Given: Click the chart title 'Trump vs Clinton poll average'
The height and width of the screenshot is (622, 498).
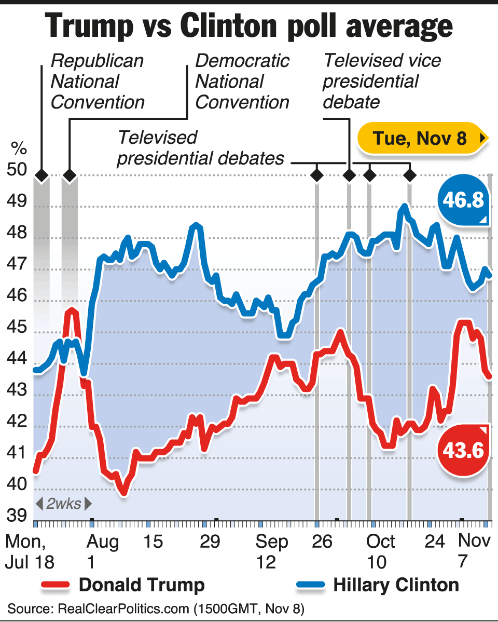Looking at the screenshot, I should (249, 26).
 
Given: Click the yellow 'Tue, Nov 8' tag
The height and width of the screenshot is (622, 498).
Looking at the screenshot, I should (421, 139).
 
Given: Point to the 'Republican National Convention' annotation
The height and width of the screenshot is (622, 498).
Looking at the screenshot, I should (98, 82).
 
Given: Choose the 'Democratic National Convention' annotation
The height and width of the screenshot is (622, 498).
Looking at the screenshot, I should (242, 82).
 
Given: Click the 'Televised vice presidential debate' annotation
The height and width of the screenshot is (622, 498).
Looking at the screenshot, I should (382, 82).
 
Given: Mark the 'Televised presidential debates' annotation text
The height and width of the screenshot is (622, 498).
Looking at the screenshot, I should (201, 147).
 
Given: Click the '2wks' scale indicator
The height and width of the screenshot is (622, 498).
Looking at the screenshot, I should (63, 504).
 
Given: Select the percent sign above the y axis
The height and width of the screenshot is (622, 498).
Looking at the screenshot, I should (19, 150).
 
